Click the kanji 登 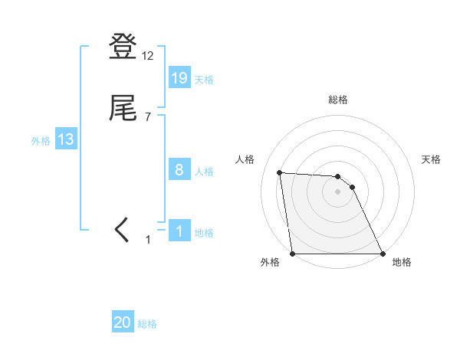click(123, 47)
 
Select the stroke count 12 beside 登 click(148, 56)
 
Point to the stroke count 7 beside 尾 click(148, 116)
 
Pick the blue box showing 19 click(179, 78)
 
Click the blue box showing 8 click(179, 170)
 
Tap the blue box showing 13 click(66, 139)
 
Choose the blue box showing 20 click(123, 323)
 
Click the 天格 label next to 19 click(204, 80)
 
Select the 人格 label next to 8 click(204, 172)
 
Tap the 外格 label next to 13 click(41, 141)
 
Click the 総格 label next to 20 click(147, 325)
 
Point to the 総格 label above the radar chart click(337, 100)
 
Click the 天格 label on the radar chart click(432, 159)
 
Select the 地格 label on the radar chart click(402, 262)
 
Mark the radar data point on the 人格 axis click(280, 172)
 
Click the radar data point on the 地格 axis click(382, 254)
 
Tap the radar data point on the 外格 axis click(293, 254)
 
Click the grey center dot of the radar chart click(337, 191)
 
